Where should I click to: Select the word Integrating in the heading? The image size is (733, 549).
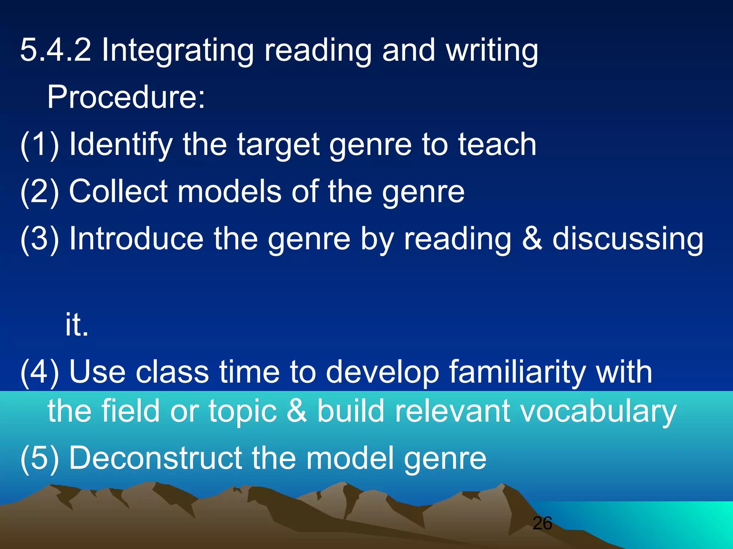coord(178,51)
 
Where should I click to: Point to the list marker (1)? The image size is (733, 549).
coord(40,144)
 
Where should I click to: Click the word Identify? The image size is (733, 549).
coord(121,144)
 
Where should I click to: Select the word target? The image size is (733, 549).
coord(278,144)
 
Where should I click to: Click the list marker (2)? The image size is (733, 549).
coord(40,192)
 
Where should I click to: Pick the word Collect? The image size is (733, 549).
coord(118,192)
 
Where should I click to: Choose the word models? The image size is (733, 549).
coord(229,192)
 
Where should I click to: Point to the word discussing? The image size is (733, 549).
coord(628,239)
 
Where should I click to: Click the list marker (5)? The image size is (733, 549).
coord(40,458)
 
